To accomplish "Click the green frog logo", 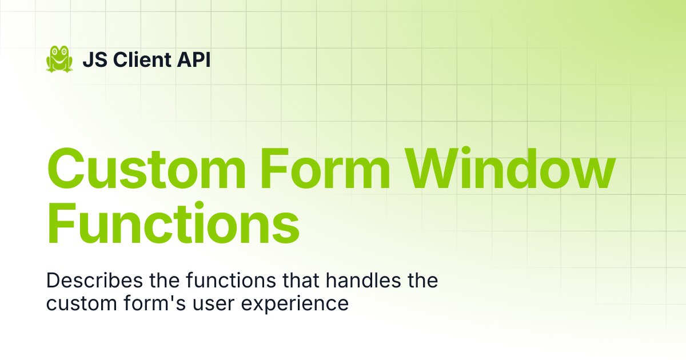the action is (x=59, y=59).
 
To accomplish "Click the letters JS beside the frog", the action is (x=95, y=59).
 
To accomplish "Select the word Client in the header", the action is (x=142, y=59).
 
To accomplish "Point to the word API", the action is (x=194, y=59).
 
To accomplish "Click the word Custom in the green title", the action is (x=146, y=169).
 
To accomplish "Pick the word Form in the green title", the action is (x=325, y=169).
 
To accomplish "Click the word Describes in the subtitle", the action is (x=95, y=280).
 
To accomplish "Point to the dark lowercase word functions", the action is (x=231, y=280).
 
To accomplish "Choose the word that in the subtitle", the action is (x=301, y=280).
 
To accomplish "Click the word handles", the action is (x=363, y=280).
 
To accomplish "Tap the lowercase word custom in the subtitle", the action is (x=81, y=303).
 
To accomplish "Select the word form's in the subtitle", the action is (x=155, y=303).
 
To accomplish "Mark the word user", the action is (x=213, y=304).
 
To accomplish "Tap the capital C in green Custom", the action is (x=66, y=169).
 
